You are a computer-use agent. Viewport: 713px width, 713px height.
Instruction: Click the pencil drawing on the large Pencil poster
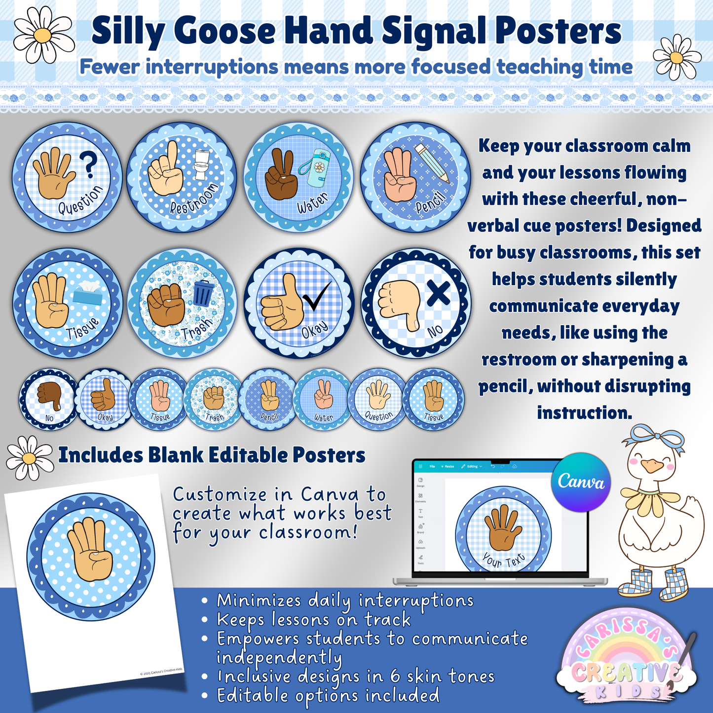[x=432, y=162]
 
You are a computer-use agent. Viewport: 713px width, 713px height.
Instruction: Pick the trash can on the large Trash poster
[x=202, y=293]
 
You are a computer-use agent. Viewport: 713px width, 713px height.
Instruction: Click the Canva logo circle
[x=581, y=482]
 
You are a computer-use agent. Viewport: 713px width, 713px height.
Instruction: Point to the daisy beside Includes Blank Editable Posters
[x=29, y=457]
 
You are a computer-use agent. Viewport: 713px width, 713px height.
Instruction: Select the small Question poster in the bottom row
[x=378, y=399]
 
